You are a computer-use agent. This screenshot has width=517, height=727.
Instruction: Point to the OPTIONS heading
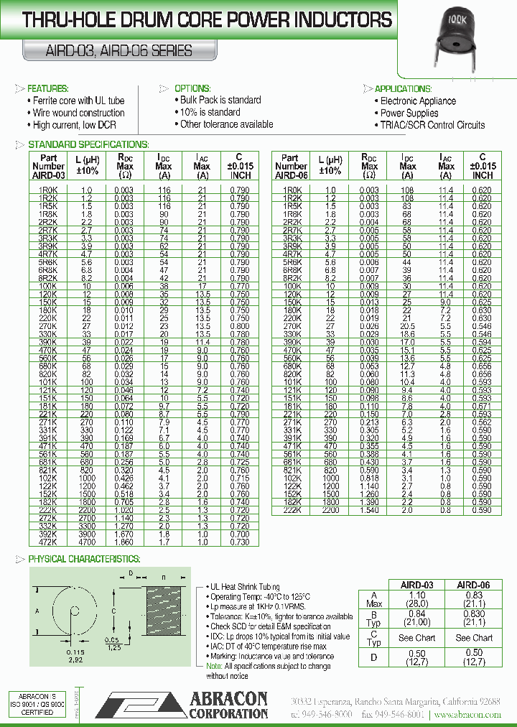pyautogui.click(x=192, y=88)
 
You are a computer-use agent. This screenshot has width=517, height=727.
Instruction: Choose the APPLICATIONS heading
pyautogui.click(x=404, y=88)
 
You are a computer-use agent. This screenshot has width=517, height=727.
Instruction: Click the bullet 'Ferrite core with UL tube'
pyautogui.click(x=78, y=101)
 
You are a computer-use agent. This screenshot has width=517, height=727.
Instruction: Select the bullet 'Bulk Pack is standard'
pyautogui.click(x=220, y=100)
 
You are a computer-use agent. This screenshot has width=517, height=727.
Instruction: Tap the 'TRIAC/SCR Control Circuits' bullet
pyautogui.click(x=432, y=125)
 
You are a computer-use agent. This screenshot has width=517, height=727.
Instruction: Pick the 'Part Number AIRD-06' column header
pyautogui.click(x=291, y=166)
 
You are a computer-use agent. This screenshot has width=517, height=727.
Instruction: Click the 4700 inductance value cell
pyautogui.click(x=87, y=542)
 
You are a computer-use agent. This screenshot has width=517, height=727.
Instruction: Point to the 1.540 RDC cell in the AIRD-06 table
pyautogui.click(x=369, y=509)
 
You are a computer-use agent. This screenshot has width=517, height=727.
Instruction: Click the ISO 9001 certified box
pyautogui.click(x=36, y=705)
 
